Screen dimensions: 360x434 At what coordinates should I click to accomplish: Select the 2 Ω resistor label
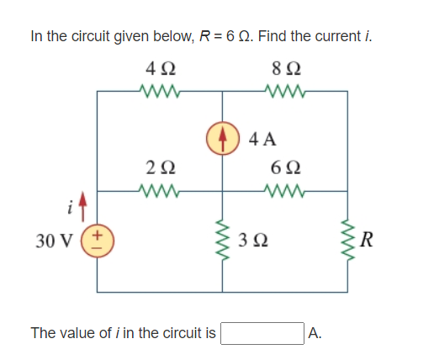click(x=158, y=168)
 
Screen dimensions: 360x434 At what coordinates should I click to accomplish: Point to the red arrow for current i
click(x=84, y=204)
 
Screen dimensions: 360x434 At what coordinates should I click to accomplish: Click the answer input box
click(x=262, y=334)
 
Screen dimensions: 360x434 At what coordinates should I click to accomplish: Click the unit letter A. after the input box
click(x=315, y=334)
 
